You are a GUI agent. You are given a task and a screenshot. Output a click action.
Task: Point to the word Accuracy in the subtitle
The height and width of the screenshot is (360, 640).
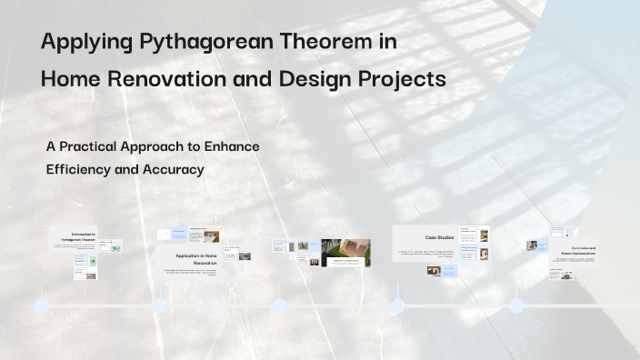(173, 169)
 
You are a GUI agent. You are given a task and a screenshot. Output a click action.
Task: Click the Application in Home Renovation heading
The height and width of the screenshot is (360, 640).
(202, 259)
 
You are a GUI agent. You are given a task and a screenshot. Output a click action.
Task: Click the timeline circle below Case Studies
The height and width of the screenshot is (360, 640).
(397, 305)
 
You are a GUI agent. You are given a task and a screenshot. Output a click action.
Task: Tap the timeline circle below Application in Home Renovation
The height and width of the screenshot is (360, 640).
(161, 305)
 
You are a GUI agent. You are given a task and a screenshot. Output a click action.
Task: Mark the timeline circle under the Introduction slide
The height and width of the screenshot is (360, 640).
(42, 305)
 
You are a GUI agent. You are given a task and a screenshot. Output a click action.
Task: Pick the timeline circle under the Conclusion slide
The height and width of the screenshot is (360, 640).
(516, 305)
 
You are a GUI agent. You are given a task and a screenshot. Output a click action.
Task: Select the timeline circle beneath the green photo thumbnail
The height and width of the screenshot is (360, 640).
(279, 305)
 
